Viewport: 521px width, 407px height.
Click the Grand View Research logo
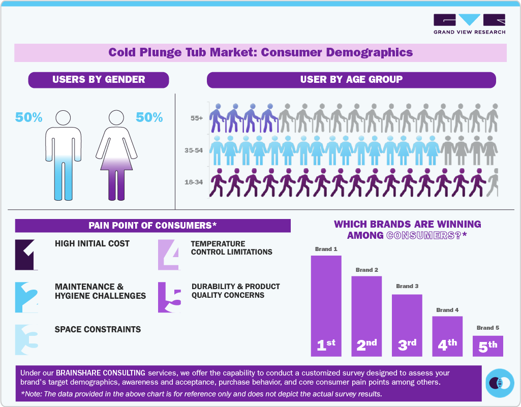[x=469, y=24]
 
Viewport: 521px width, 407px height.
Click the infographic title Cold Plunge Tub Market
[x=260, y=52]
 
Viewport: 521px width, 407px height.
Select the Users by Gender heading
[x=99, y=79]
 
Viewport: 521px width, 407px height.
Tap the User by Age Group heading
[x=351, y=79]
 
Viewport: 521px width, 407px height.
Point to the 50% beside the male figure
[x=29, y=117]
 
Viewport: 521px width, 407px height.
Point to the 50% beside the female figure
[x=149, y=117]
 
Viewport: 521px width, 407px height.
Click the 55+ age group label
[x=196, y=118]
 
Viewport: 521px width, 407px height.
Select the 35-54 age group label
[x=194, y=150]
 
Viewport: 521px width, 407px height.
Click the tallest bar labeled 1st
[x=326, y=305]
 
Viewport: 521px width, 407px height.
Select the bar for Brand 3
[x=407, y=325]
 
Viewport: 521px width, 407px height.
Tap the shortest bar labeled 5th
[x=487, y=346]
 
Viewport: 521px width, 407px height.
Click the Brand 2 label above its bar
[x=366, y=270]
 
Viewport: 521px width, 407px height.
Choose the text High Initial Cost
[x=92, y=244]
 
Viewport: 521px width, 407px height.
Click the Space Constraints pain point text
[x=98, y=329]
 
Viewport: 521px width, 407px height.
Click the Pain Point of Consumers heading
[x=152, y=226]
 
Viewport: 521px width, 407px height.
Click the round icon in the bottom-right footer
[x=500, y=383]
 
